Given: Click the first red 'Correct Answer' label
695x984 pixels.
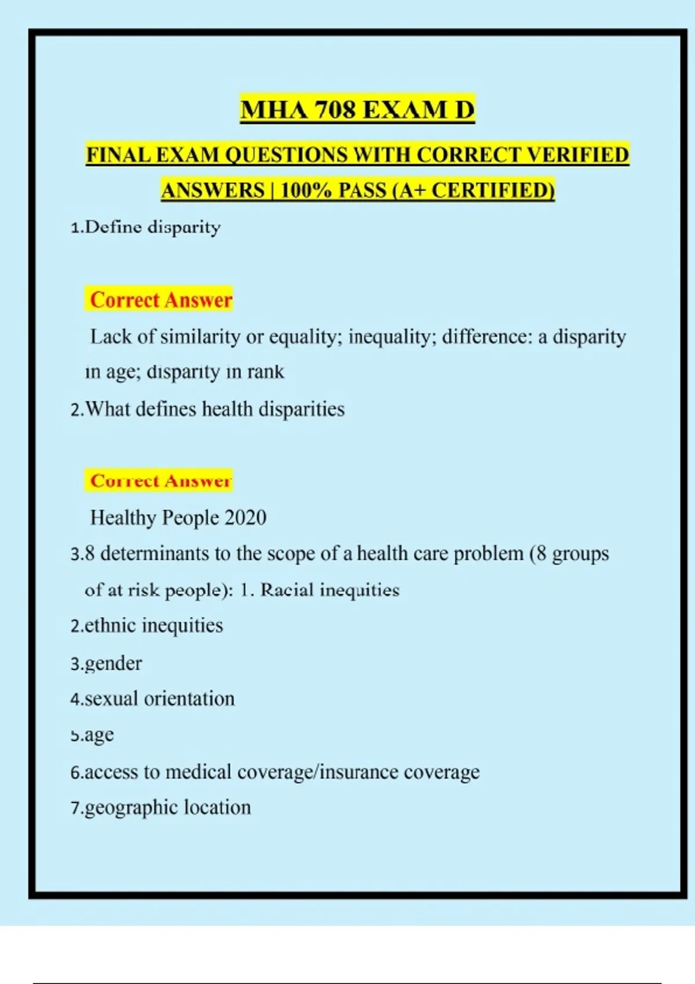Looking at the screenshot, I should (161, 300).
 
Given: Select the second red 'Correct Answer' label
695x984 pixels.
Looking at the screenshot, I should (161, 481).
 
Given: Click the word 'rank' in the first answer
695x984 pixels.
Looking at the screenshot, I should (265, 372).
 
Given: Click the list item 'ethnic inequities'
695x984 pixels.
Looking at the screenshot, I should (153, 626).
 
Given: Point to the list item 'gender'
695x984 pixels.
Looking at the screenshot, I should (113, 663).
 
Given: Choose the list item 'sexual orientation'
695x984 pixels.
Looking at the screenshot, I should (159, 699).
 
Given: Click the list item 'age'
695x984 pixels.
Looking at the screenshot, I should (98, 735).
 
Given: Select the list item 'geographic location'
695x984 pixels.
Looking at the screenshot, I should (167, 807).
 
